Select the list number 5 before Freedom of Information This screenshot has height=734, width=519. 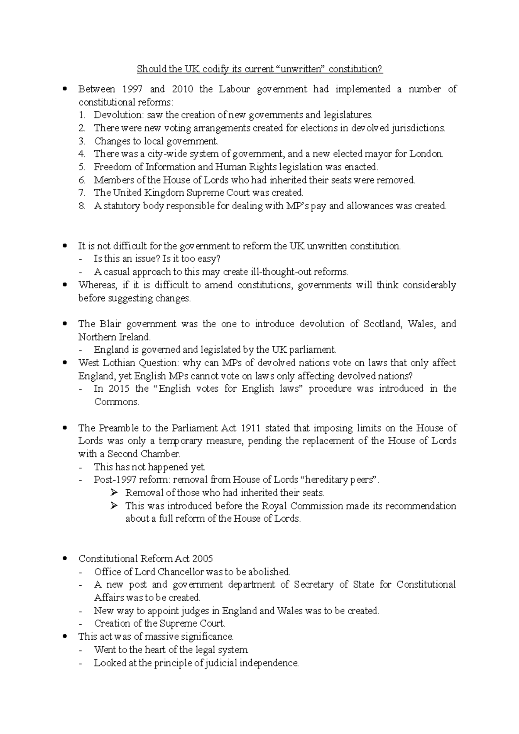pos(82,167)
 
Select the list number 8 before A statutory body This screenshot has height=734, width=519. pos(82,206)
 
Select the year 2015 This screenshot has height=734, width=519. pos(119,389)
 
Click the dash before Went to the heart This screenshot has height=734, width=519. pos(82,650)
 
